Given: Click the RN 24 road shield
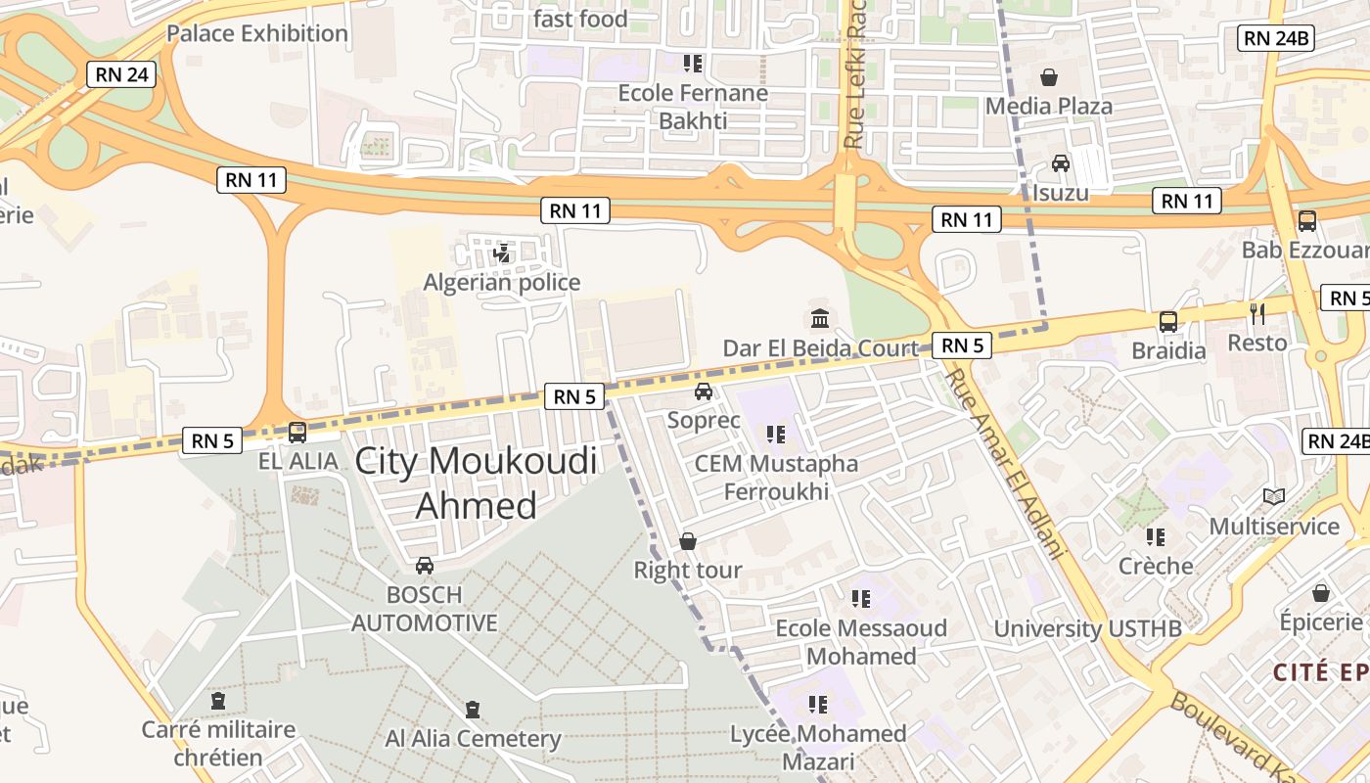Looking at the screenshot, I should pos(121,73).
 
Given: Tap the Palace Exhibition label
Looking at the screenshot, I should pos(256,33).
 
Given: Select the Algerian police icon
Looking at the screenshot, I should pos(502,254).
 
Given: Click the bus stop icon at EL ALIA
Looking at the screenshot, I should pos(297,432).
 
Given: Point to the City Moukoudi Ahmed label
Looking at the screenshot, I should pos(477,483).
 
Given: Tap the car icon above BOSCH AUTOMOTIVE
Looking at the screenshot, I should pos(424,566).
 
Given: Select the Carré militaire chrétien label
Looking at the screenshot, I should pos(218,744).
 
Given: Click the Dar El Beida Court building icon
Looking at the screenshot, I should pos(820,319).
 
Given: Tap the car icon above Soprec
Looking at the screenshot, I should pos(703,392).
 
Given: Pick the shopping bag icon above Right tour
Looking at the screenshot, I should pos(688,541).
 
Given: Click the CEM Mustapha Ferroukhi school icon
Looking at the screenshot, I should pos(776,434).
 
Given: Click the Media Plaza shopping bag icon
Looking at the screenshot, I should pos(1049,77).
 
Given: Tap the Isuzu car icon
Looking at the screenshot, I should pos(1060,163).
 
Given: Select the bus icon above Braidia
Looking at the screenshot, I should pos(1167,321).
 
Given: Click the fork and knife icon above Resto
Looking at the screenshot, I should pos(1257,314).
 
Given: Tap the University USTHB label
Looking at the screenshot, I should pos(1087,628).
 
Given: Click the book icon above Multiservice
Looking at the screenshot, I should pos(1273,497).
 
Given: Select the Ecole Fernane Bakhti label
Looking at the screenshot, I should pos(693,107).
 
